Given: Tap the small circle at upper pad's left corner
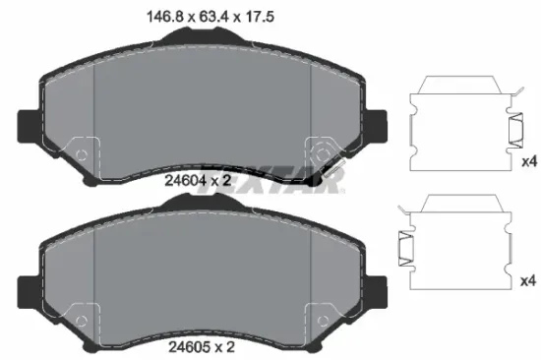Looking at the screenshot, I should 82,155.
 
